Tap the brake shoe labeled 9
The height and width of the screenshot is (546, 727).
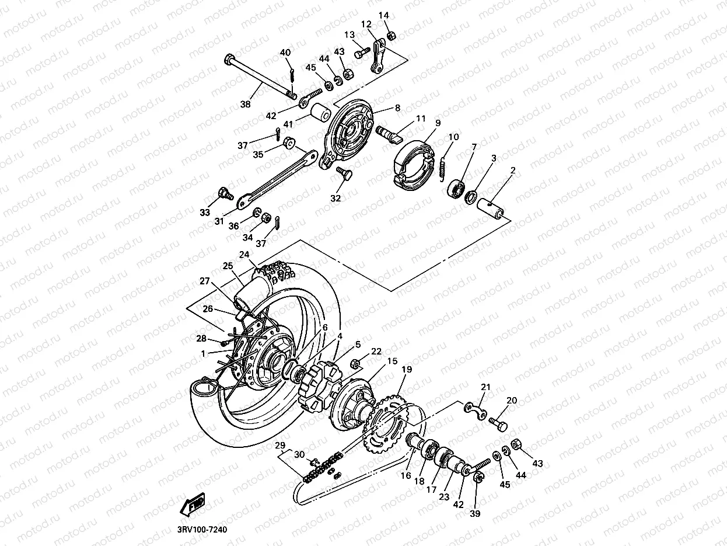(411, 158)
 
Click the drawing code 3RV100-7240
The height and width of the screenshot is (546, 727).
(201, 530)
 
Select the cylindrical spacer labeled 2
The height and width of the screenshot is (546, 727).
(491, 208)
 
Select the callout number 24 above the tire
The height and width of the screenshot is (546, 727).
(244, 255)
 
